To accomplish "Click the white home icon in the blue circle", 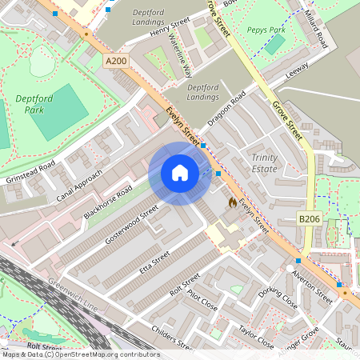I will coord(180,174).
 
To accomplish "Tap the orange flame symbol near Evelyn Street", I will coord(233,203).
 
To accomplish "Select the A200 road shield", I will coord(114,59).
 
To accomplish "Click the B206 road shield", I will coord(310,218).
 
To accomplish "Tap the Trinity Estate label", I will coord(264,163).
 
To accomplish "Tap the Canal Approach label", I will coord(79,186).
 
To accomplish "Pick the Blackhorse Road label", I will coord(107,203).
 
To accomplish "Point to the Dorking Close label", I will coord(278,298).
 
